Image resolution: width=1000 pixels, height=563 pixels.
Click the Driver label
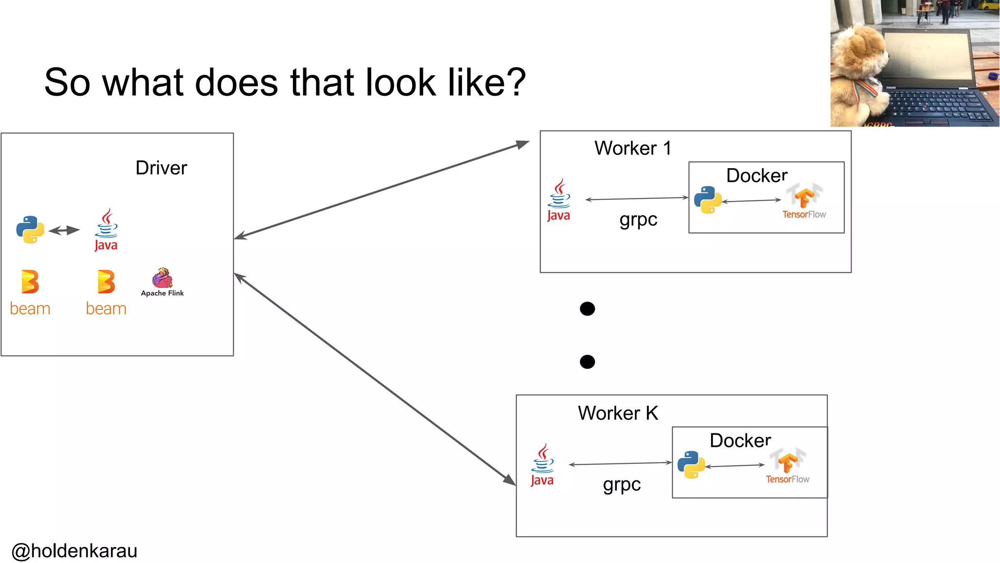click(x=161, y=168)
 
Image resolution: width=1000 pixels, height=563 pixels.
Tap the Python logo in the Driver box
click(x=30, y=229)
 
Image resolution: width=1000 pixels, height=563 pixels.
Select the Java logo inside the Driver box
click(x=106, y=230)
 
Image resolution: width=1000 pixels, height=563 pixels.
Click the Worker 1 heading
click(x=632, y=148)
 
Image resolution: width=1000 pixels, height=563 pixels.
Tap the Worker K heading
click(x=618, y=413)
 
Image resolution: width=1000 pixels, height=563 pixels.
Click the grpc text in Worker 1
click(x=638, y=219)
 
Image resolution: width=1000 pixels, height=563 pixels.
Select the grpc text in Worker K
click(x=622, y=484)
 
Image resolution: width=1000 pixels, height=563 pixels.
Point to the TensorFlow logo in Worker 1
click(x=804, y=201)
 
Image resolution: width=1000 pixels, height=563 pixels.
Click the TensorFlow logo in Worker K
click(x=788, y=466)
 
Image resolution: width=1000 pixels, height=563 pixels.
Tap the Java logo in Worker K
click(x=542, y=465)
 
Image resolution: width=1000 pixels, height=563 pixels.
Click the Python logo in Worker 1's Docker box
click(x=708, y=199)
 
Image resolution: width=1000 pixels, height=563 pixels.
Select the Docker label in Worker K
click(x=740, y=440)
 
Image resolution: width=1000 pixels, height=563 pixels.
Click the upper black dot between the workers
click(x=587, y=309)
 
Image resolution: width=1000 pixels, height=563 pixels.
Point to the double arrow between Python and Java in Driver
click(x=64, y=230)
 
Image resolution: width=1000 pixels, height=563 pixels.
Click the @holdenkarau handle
click(x=74, y=551)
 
